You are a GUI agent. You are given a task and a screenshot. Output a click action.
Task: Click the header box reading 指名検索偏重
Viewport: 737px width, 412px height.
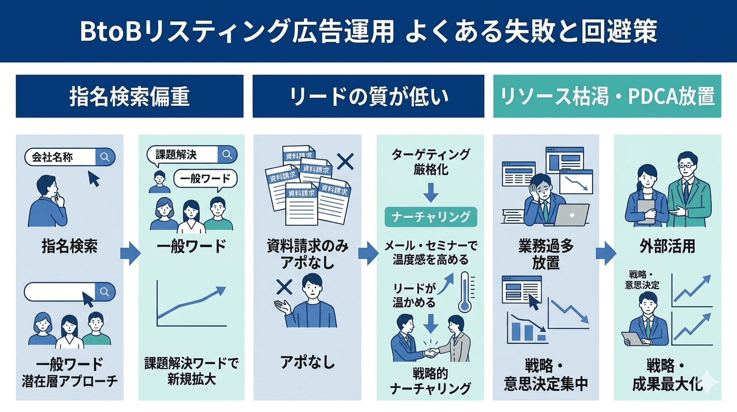point(129,96)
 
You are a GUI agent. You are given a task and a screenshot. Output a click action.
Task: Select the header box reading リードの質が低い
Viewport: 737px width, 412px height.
point(368,96)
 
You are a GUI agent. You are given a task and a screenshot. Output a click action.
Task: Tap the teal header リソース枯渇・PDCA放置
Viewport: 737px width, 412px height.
point(607,96)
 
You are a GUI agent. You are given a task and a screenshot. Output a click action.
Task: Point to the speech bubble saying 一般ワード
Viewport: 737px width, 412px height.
point(205,178)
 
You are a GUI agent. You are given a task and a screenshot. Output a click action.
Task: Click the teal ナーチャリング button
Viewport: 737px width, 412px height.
point(431,217)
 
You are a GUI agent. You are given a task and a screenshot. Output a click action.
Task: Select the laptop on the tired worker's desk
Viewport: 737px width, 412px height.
point(572,215)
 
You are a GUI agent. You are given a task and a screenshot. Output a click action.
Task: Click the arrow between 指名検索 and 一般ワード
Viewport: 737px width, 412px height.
point(130,253)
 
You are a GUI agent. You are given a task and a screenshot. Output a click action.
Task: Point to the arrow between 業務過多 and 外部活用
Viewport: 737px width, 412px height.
point(606,253)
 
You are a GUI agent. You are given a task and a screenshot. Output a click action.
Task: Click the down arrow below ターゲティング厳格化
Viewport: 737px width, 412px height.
point(431,193)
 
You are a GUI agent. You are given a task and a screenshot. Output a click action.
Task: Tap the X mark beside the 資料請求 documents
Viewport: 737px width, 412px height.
point(345,161)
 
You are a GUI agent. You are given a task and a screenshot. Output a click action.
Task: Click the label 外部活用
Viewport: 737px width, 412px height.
point(667,246)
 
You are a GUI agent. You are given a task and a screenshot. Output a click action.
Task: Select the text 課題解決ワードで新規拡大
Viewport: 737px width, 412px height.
point(191,371)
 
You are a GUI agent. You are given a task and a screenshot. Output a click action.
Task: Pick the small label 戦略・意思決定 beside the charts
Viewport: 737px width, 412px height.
point(642,280)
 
